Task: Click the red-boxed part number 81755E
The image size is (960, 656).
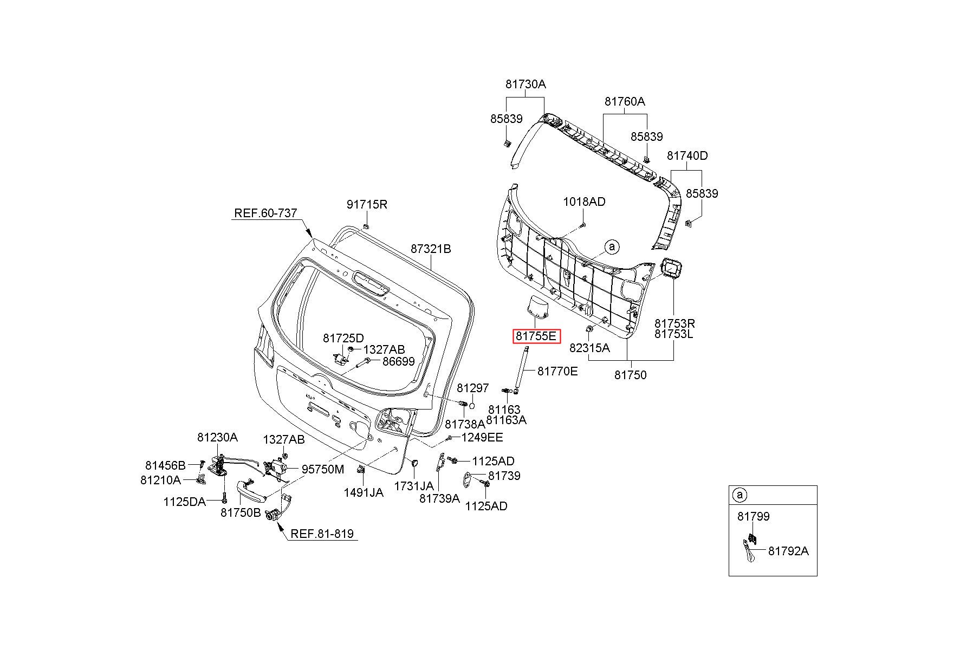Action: pyautogui.click(x=536, y=336)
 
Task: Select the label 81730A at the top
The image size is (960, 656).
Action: pyautogui.click(x=526, y=85)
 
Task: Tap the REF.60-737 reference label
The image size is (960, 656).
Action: pyautogui.click(x=265, y=213)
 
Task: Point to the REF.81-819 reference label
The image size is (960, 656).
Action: pyautogui.click(x=322, y=534)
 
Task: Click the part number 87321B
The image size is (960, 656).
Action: pyautogui.click(x=430, y=249)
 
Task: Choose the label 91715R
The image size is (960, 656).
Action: pyautogui.click(x=367, y=205)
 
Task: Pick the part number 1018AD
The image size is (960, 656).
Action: pyautogui.click(x=584, y=202)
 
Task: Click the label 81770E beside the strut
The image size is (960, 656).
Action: pyautogui.click(x=557, y=372)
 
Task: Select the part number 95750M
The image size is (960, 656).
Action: pyautogui.click(x=323, y=470)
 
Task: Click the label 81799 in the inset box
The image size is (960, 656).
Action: pyautogui.click(x=753, y=517)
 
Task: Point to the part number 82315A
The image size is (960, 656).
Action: pyautogui.click(x=589, y=348)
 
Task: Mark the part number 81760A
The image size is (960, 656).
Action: pyautogui.click(x=625, y=102)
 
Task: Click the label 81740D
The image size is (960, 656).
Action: pyautogui.click(x=687, y=156)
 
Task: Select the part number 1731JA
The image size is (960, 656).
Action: pyautogui.click(x=413, y=486)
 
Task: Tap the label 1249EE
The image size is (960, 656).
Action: pyautogui.click(x=482, y=437)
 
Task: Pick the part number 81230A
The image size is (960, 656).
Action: pyautogui.click(x=217, y=437)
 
